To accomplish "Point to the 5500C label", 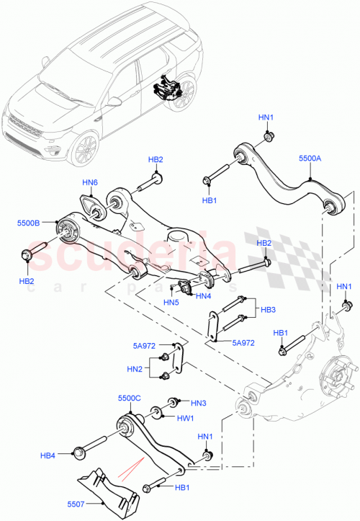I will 130,397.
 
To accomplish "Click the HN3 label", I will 199,402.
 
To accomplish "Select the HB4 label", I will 48,455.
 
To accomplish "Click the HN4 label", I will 203,295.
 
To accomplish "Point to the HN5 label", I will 171,303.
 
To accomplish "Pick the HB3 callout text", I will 268,310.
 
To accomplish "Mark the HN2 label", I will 134,368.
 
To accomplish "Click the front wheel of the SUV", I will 86,148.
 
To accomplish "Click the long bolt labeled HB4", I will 93,447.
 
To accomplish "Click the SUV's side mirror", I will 114,102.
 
